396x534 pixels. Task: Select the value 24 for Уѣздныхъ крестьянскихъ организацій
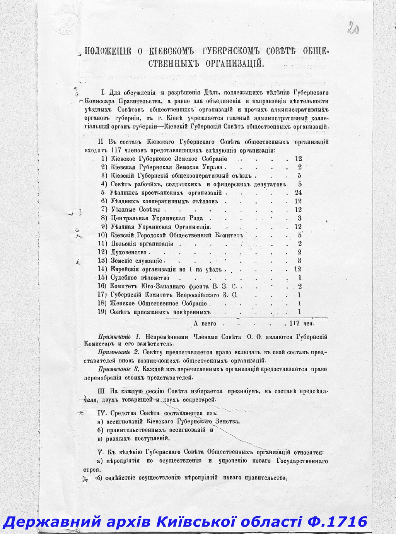click(x=298, y=192)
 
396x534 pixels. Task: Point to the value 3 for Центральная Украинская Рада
click(x=299, y=218)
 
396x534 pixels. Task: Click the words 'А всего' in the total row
click(x=205, y=323)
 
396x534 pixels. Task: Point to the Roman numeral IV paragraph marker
click(x=102, y=413)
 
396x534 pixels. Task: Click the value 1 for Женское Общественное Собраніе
click(x=300, y=303)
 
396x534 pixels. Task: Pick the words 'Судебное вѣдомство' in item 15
click(x=140, y=278)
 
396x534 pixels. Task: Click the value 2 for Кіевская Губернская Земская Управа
click(x=300, y=167)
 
